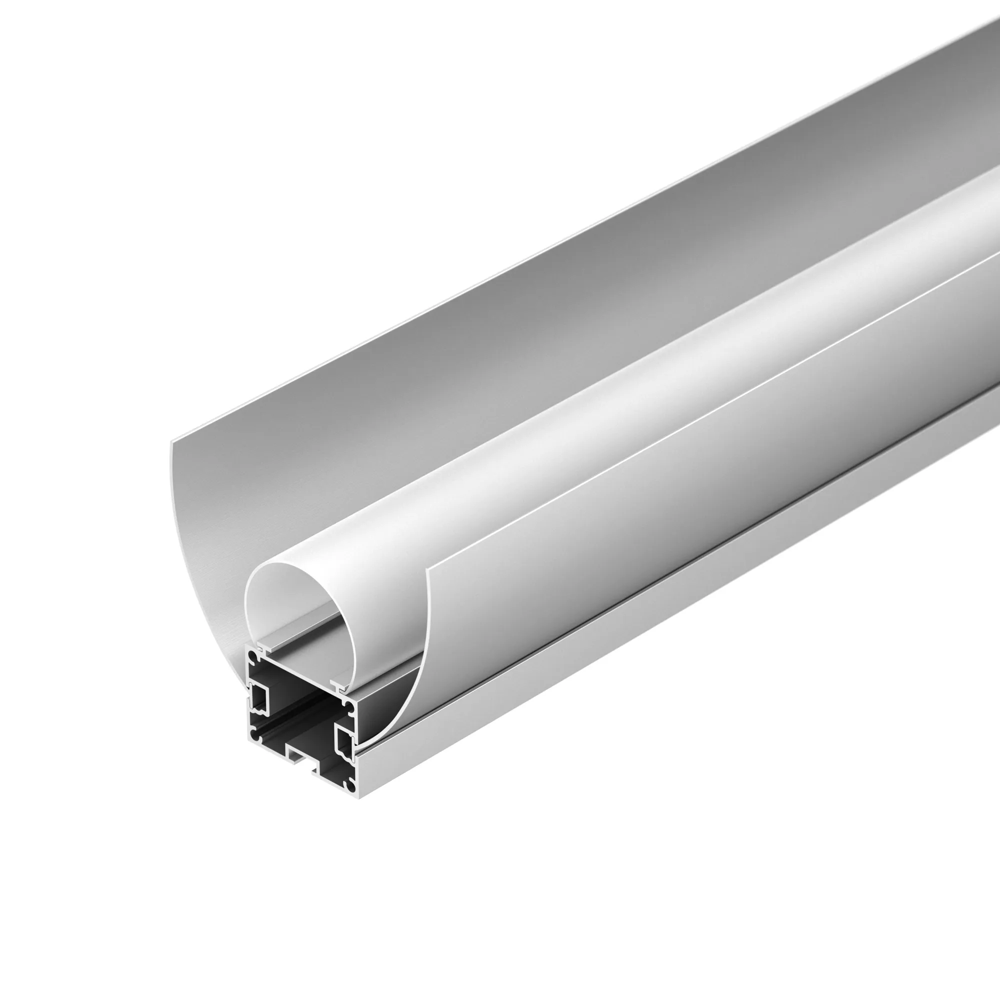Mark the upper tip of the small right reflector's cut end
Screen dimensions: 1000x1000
tap(427, 569)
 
